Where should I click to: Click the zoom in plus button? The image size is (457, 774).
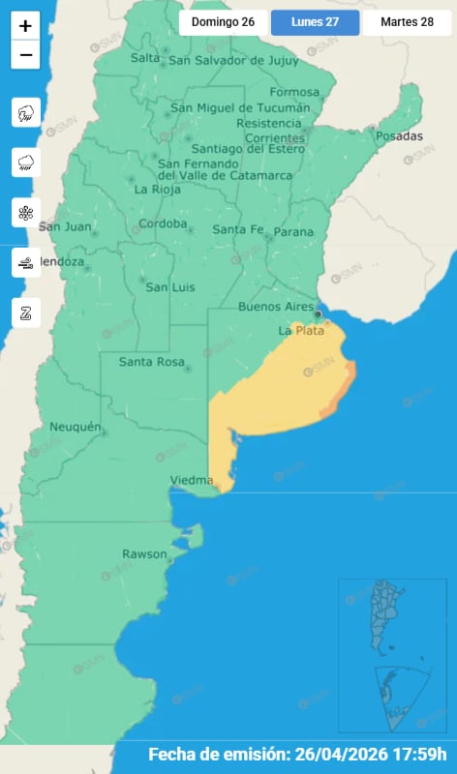(x=25, y=26)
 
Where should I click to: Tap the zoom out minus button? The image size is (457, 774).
(x=25, y=54)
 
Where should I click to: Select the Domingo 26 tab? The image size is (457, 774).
(x=224, y=22)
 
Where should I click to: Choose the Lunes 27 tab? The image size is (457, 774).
(x=315, y=22)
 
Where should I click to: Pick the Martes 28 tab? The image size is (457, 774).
(x=407, y=22)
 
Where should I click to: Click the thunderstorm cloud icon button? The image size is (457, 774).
(x=25, y=113)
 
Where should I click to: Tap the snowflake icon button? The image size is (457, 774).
(x=25, y=213)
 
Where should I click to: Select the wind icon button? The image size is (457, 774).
(x=25, y=262)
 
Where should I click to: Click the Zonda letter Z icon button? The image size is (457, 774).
(x=25, y=313)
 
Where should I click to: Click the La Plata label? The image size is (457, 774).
(x=301, y=331)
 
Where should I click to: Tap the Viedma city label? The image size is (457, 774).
(x=190, y=480)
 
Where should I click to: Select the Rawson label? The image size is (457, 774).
(x=143, y=553)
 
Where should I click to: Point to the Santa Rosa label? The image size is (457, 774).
(x=151, y=362)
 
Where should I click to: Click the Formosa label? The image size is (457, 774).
(x=293, y=93)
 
